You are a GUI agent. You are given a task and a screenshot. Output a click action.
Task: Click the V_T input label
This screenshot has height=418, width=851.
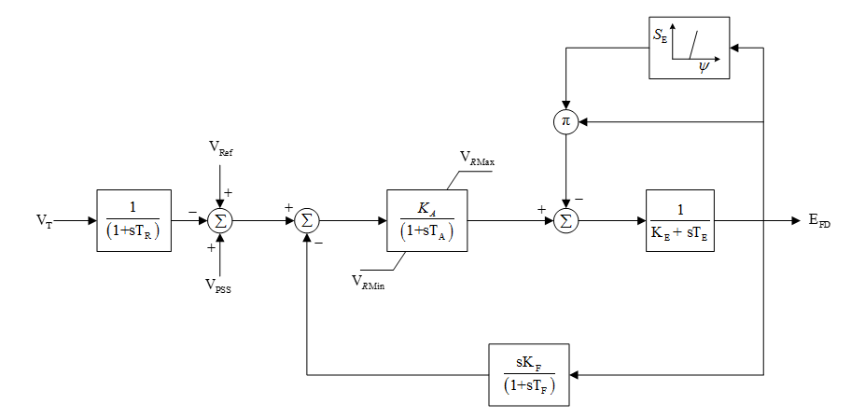pos(44,221)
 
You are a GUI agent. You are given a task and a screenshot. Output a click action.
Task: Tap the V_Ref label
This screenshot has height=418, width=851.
pos(221,148)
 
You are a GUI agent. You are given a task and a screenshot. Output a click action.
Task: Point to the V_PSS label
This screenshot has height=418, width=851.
pos(221,287)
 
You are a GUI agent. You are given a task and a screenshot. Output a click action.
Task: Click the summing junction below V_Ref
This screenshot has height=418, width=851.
pos(221,221)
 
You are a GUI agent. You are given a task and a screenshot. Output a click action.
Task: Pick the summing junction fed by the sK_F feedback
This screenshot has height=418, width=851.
pos(306,221)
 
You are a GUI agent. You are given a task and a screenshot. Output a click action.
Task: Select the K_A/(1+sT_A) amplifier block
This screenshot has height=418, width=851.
pos(427,221)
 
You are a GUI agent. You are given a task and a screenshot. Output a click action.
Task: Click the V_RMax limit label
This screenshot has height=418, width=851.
pos(477,161)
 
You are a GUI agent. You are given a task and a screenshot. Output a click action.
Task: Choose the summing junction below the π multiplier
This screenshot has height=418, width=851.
pos(565,221)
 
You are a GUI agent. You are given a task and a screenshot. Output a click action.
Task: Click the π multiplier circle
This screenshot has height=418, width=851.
pos(565,121)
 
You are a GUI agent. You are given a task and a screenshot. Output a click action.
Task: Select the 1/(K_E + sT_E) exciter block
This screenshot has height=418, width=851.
pos(679,221)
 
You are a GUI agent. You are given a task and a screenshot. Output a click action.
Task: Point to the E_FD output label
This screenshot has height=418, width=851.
pos(819,222)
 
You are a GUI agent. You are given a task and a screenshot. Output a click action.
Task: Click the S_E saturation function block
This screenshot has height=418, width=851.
pos(690,49)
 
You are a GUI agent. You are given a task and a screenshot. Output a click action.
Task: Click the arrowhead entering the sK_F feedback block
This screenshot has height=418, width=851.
pos(572,375)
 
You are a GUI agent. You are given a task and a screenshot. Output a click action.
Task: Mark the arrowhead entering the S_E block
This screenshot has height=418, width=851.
pos(735,49)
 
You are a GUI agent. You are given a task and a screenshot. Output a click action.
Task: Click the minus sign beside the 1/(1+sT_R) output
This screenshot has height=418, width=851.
pos(192,212)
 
